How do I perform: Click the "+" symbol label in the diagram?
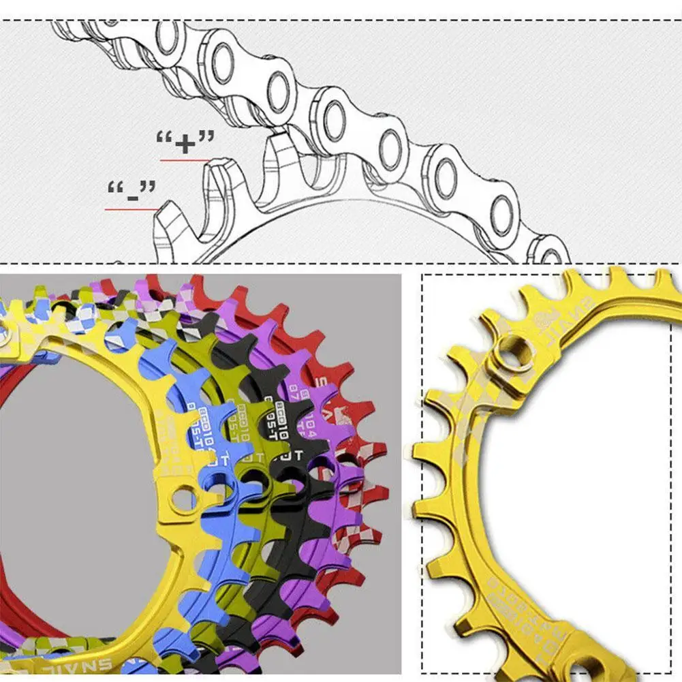(185, 142)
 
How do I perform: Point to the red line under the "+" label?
(185, 160)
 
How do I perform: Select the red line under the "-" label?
(131, 209)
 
